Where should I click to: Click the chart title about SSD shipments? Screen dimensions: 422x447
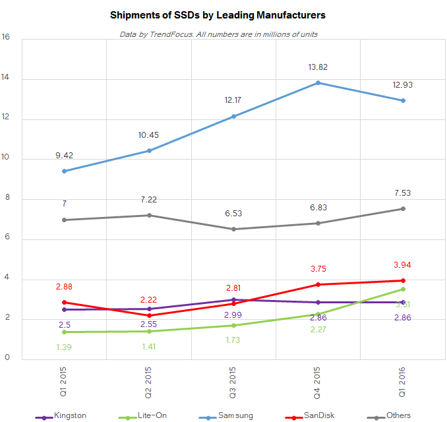pyautogui.click(x=218, y=14)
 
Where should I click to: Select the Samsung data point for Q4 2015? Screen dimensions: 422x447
pyautogui.click(x=318, y=82)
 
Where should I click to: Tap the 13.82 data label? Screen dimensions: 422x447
pyautogui.click(x=318, y=67)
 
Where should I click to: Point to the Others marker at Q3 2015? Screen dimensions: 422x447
pyautogui.click(x=233, y=229)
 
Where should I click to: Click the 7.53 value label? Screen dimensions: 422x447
pyautogui.click(x=403, y=193)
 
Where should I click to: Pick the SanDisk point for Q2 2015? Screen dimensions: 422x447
pyautogui.click(x=149, y=315)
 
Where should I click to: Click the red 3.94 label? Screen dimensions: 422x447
pyautogui.click(x=403, y=264)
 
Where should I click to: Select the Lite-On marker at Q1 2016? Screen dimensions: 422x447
pyautogui.click(x=403, y=289)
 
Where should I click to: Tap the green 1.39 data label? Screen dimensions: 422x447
pyautogui.click(x=64, y=347)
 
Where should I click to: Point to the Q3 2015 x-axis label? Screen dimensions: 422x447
pyautogui.click(x=234, y=384)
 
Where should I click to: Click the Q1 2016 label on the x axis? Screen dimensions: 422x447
pyautogui.click(x=403, y=384)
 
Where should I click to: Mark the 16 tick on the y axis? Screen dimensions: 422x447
pyautogui.click(x=6, y=38)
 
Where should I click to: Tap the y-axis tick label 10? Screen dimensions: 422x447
pyautogui.click(x=6, y=159)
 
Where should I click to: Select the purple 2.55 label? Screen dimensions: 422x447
pyautogui.click(x=149, y=324)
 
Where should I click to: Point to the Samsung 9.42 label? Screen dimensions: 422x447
pyautogui.click(x=64, y=156)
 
